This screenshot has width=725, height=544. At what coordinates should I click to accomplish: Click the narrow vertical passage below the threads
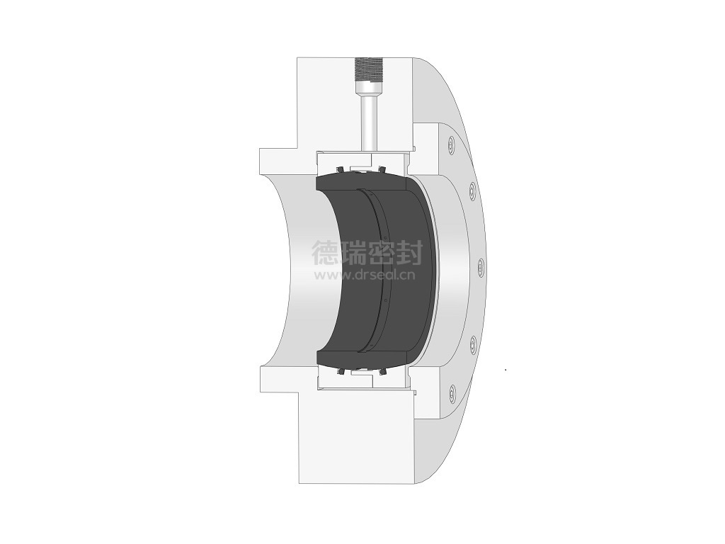(x=368, y=122)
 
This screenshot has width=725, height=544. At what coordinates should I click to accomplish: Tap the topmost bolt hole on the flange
(x=451, y=146)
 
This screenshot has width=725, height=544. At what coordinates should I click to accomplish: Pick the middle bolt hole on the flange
(x=481, y=267)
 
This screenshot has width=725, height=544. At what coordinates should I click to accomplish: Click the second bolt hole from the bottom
(x=472, y=344)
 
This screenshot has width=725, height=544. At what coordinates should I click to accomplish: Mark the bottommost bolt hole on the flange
(x=452, y=391)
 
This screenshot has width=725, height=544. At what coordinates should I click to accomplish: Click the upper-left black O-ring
(x=339, y=170)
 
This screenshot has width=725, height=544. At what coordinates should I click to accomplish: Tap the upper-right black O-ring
(x=382, y=169)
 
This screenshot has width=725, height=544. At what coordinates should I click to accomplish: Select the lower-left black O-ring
(x=341, y=371)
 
